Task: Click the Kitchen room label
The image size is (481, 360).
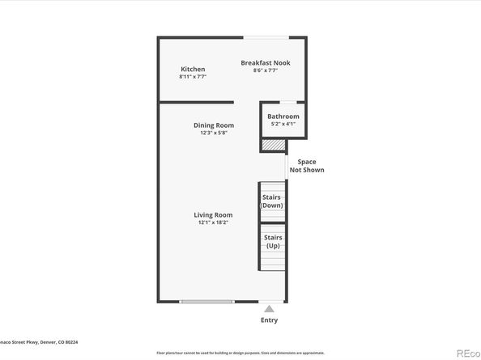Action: (x=193, y=70)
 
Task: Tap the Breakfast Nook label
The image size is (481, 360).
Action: (x=266, y=63)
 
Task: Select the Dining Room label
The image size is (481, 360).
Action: (x=214, y=125)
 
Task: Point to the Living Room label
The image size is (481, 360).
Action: (x=213, y=215)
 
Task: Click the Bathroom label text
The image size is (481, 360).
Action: (x=283, y=116)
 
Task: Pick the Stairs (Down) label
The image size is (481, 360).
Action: (x=272, y=201)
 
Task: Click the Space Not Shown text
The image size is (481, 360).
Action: (x=307, y=166)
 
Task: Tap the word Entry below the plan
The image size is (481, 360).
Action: (x=269, y=320)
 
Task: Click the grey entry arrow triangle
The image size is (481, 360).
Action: (x=269, y=307)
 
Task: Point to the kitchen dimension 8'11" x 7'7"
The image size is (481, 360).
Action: (x=193, y=77)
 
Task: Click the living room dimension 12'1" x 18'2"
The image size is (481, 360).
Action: (x=213, y=222)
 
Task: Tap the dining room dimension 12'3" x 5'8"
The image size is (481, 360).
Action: (x=214, y=133)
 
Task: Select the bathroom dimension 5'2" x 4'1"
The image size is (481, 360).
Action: (x=283, y=124)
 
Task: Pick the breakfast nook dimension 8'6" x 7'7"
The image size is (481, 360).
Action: (x=266, y=70)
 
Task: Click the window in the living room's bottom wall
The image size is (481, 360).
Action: (x=208, y=302)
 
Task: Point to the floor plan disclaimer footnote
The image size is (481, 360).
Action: (x=240, y=353)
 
